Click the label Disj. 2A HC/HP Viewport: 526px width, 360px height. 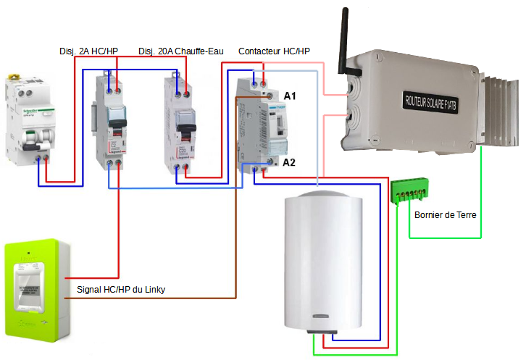click(x=88, y=51)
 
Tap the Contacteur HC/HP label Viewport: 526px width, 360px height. click(x=274, y=51)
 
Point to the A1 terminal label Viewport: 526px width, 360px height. click(x=290, y=96)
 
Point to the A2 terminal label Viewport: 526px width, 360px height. click(x=289, y=162)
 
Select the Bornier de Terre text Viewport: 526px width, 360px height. click(x=445, y=215)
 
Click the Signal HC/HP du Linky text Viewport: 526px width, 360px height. click(x=122, y=290)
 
